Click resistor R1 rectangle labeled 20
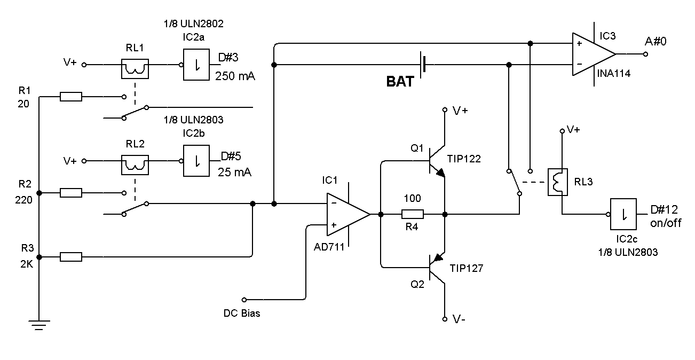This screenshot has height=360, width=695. [x=70, y=97]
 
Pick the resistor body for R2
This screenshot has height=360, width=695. [x=70, y=193]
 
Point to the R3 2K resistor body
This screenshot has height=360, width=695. [x=70, y=257]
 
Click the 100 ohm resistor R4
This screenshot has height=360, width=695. [x=412, y=214]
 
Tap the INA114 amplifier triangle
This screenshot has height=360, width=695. [x=591, y=54]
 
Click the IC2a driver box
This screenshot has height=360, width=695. [x=196, y=65]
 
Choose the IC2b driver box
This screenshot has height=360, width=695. [x=196, y=161]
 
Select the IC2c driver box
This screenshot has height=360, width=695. [x=623, y=214]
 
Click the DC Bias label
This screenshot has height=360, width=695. [x=241, y=313]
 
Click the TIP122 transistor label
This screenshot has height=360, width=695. [x=465, y=159]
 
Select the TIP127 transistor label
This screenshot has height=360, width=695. [x=466, y=268]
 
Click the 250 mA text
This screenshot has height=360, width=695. [x=235, y=76]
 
